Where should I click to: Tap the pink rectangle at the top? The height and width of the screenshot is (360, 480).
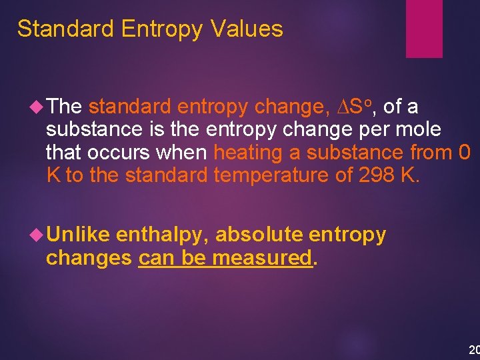coord(424,28)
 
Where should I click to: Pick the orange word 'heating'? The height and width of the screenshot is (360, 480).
coord(248,153)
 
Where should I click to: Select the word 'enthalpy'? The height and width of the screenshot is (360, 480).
coord(163,235)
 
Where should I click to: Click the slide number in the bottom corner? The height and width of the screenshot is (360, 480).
coord(474,349)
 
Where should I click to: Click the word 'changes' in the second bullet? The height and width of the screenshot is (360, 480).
coord(89,258)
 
